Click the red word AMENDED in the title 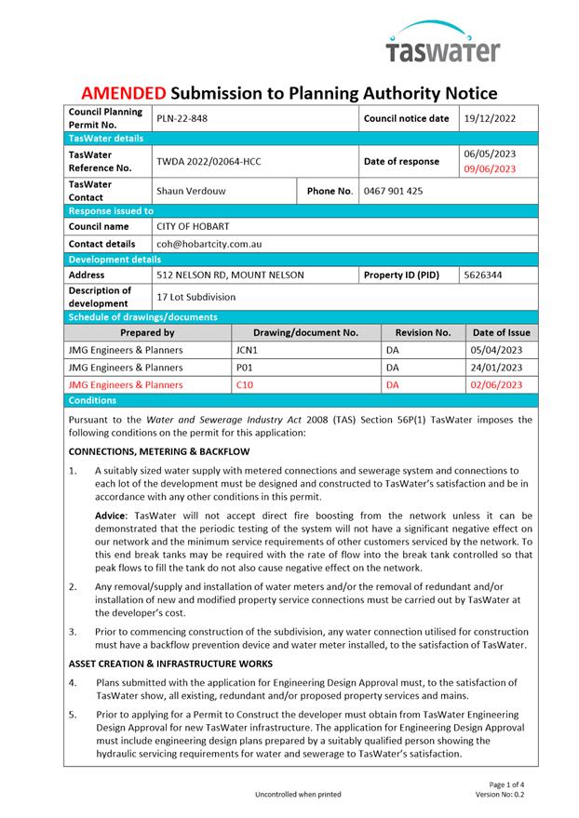(x=123, y=93)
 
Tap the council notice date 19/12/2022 (x=490, y=119)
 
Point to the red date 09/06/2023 (x=490, y=169)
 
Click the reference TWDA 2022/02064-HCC (x=209, y=161)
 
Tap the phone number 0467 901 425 (x=393, y=191)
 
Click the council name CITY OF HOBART (x=193, y=226)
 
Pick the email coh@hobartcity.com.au (x=209, y=244)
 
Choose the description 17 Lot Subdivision (x=195, y=297)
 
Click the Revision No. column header (x=423, y=332)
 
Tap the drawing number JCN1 (x=247, y=350)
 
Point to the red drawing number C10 (x=245, y=383)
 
